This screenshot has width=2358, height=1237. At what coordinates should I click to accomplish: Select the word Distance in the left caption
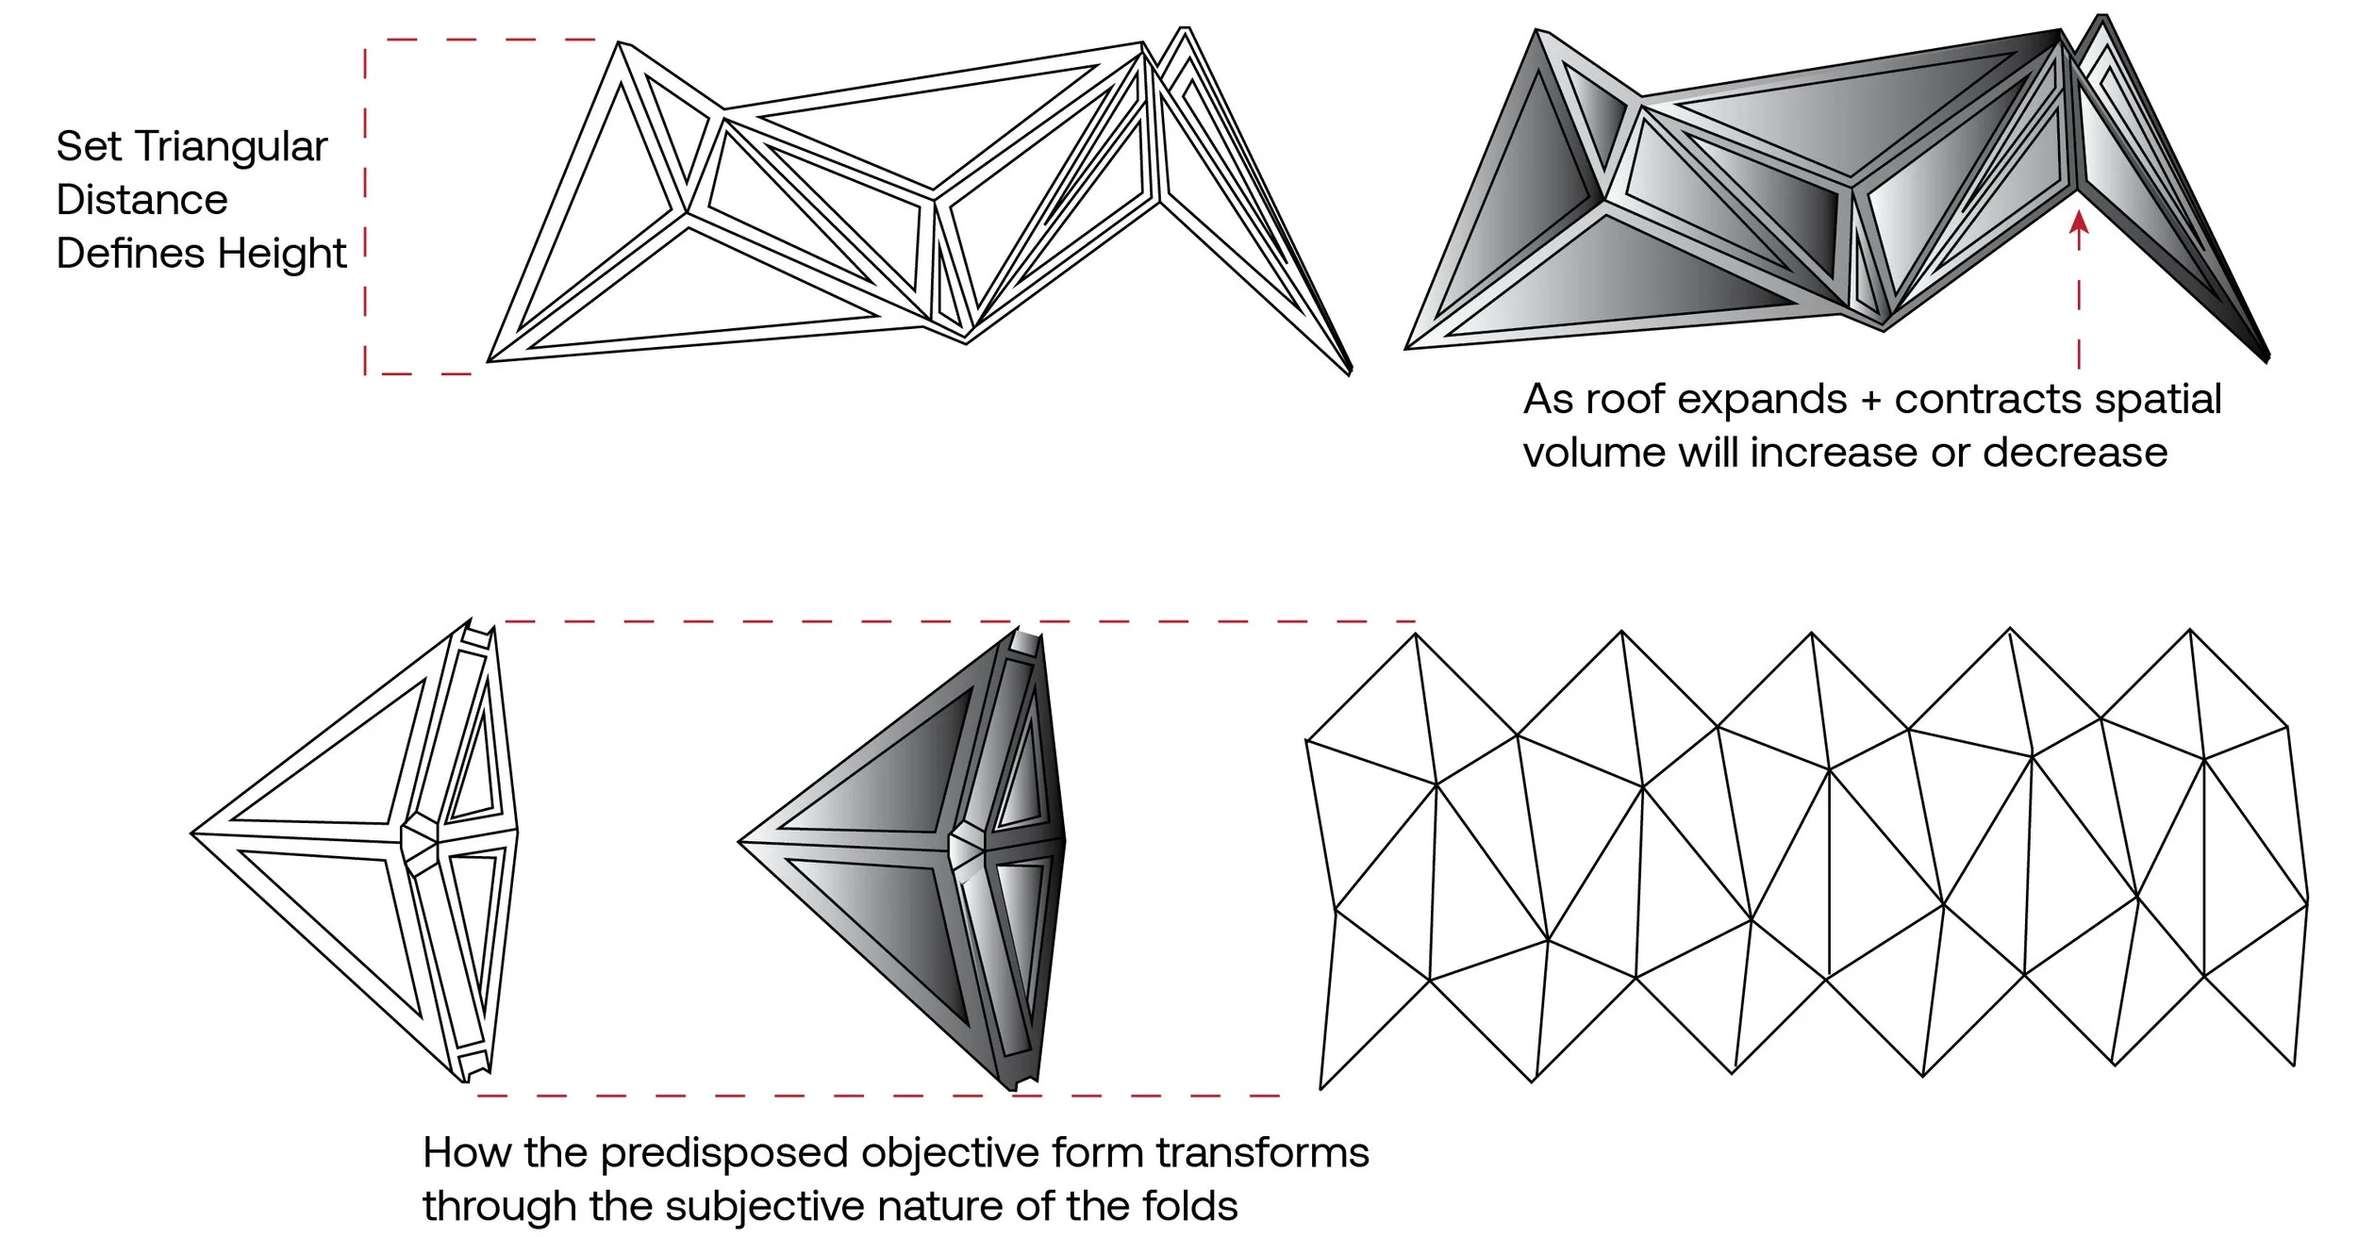coord(141,201)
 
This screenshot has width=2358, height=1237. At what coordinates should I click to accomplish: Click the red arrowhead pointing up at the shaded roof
coord(2079,223)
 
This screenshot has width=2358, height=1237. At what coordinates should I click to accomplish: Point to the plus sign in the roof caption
coord(1870,401)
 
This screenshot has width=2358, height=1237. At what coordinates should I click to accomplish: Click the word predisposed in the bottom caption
coord(725,1154)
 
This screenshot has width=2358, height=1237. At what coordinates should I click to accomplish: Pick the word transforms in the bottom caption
coord(1263,1153)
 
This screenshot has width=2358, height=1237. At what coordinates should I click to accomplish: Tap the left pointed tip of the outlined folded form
coord(193,833)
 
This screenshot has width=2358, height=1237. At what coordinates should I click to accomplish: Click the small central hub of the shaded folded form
coord(967,845)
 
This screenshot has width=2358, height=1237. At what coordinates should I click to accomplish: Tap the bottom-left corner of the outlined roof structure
coord(489,360)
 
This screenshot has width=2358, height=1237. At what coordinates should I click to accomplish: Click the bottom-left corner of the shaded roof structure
coord(1406,348)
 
